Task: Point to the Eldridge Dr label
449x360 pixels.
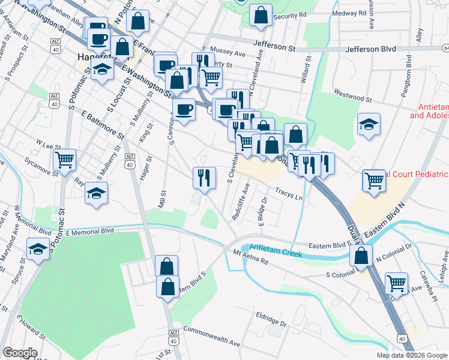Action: point(271,315)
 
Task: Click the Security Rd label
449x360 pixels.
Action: point(290,14)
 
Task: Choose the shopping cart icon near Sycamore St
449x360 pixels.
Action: point(64,160)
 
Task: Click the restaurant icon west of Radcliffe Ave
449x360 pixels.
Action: point(204,177)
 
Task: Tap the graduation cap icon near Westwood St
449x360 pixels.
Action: point(369,124)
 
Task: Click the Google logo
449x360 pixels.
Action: point(20,353)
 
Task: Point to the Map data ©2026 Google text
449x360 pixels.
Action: point(411,355)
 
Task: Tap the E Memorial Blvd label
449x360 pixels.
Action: point(90,230)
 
